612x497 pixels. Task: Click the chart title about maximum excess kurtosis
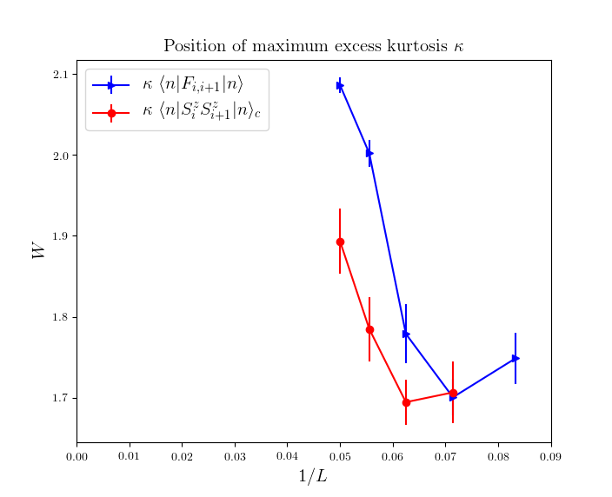tap(313, 46)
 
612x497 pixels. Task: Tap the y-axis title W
tap(39, 250)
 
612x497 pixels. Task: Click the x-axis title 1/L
tap(313, 476)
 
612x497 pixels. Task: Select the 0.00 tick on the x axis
tap(76, 454)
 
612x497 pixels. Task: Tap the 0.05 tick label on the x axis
tap(340, 454)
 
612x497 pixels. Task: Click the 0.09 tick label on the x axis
tap(550, 454)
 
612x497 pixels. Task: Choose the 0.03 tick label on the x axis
tap(235, 454)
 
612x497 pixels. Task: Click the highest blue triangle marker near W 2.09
tap(340, 85)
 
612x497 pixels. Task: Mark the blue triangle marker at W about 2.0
tap(369, 153)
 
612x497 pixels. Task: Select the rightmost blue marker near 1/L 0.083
tap(516, 358)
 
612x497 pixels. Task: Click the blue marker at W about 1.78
tap(406, 334)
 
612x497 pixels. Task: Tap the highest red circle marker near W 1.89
tap(340, 242)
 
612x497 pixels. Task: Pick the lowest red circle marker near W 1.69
tap(406, 402)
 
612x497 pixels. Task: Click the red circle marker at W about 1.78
tap(369, 329)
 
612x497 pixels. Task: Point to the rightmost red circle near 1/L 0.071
tap(453, 393)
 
